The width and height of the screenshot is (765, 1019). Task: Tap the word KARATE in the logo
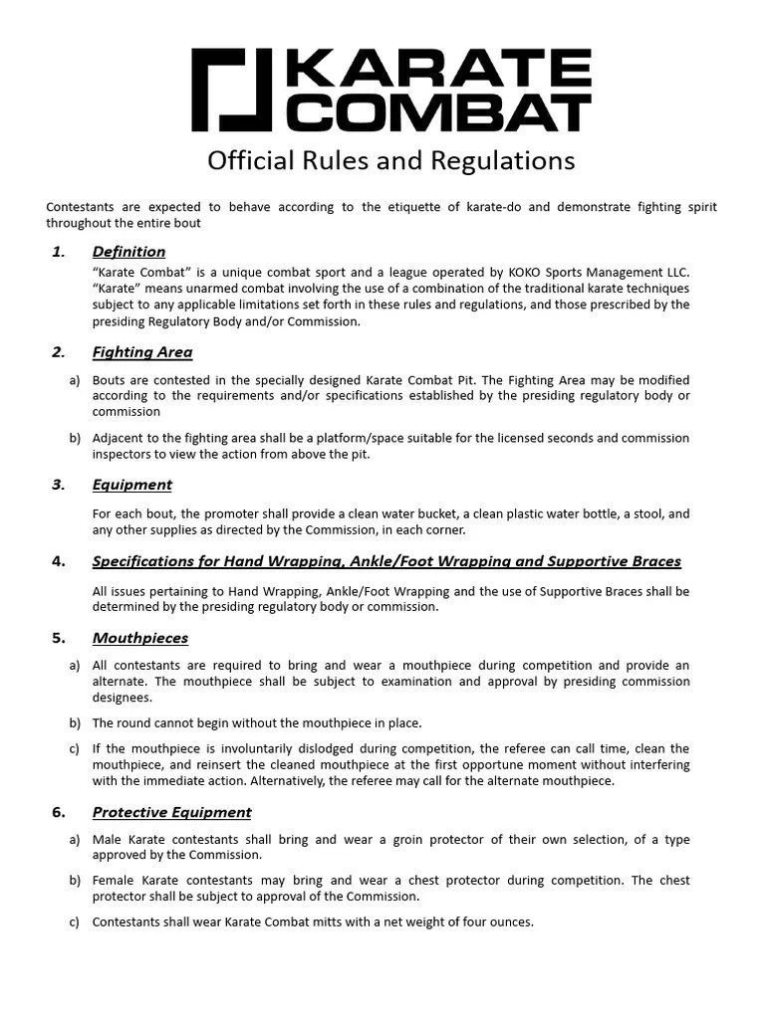click(438, 71)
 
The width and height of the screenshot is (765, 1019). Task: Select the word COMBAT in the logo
click(438, 111)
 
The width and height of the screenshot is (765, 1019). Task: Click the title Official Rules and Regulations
click(390, 160)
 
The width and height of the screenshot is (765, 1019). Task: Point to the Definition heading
click(128, 252)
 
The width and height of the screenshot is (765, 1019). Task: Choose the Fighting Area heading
click(142, 352)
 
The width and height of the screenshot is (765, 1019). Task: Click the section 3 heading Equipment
click(131, 485)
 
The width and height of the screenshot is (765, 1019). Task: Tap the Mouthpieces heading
click(139, 638)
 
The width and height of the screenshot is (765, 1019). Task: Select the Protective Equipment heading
click(171, 812)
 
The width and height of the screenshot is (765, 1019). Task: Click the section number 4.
click(58, 561)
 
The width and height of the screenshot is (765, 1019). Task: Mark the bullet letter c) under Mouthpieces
click(75, 749)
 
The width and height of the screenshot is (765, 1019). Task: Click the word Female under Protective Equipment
click(115, 881)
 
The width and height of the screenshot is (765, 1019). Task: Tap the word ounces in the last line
click(509, 922)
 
